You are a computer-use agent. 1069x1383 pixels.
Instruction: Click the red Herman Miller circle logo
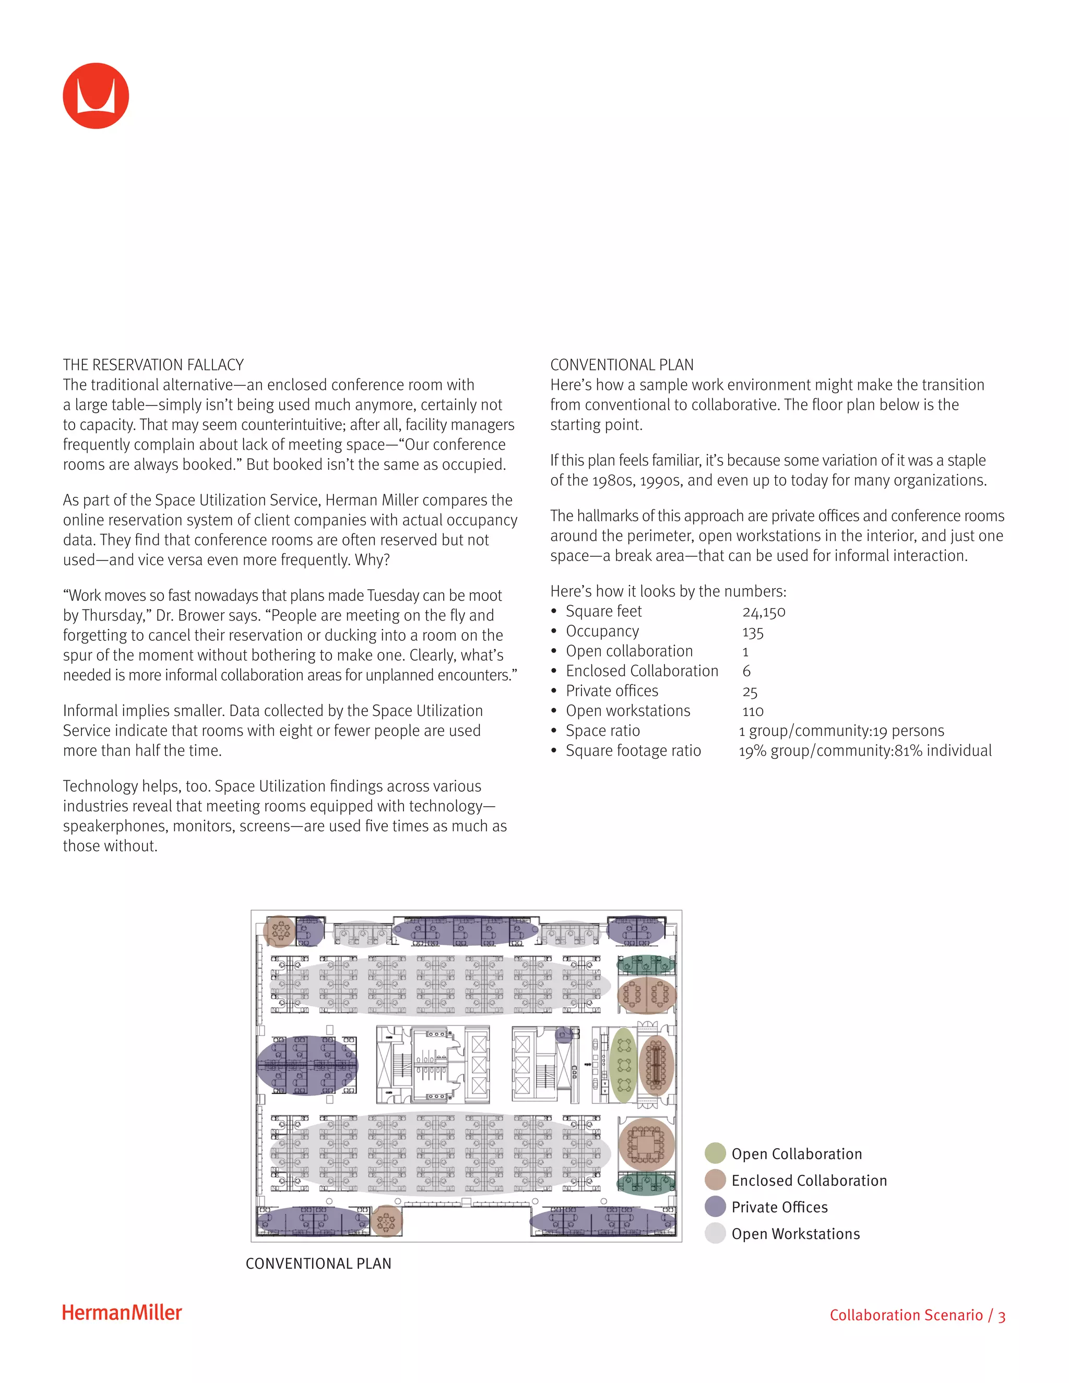[96, 96]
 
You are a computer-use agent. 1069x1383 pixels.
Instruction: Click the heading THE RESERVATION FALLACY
[153, 365]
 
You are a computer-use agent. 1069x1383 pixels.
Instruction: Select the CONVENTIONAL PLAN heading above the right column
[621, 365]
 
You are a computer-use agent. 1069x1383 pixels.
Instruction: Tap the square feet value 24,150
[764, 612]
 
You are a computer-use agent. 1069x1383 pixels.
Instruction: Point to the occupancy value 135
[753, 632]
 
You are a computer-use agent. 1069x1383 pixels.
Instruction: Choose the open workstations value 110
[753, 711]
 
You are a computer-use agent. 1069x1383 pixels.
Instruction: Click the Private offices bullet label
[612, 691]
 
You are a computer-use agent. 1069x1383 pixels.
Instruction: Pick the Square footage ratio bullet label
[633, 750]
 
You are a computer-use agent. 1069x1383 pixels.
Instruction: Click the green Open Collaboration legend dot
[715, 1153]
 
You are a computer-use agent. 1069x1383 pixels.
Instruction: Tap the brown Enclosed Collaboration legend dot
[715, 1180]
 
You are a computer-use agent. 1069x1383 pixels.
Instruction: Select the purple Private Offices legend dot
[715, 1206]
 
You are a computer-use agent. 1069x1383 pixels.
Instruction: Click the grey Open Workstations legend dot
[715, 1233]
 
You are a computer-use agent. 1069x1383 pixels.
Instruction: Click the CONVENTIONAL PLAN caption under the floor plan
[318, 1263]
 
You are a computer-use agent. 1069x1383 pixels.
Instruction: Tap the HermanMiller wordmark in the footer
[122, 1313]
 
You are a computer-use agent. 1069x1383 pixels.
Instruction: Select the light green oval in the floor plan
[624, 1065]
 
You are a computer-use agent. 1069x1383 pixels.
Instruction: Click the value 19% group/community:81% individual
[865, 750]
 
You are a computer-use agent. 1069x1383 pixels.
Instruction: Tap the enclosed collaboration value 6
[746, 671]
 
